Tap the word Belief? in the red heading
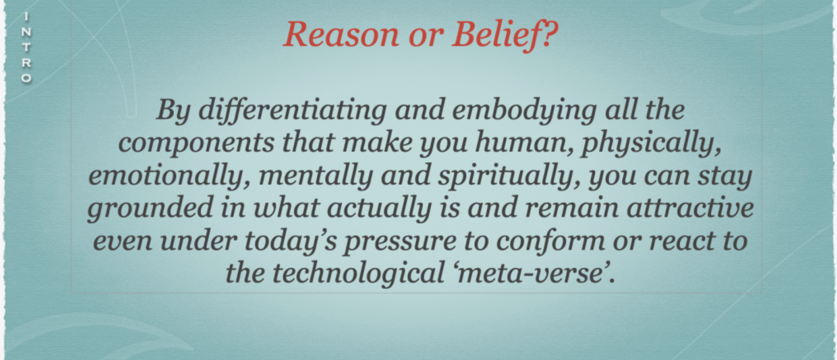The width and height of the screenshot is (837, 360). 505,35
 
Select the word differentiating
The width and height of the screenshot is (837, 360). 293,111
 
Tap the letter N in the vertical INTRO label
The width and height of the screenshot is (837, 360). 27,32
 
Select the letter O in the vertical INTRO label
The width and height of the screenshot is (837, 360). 27,78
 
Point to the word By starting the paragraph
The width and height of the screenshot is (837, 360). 173,111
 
